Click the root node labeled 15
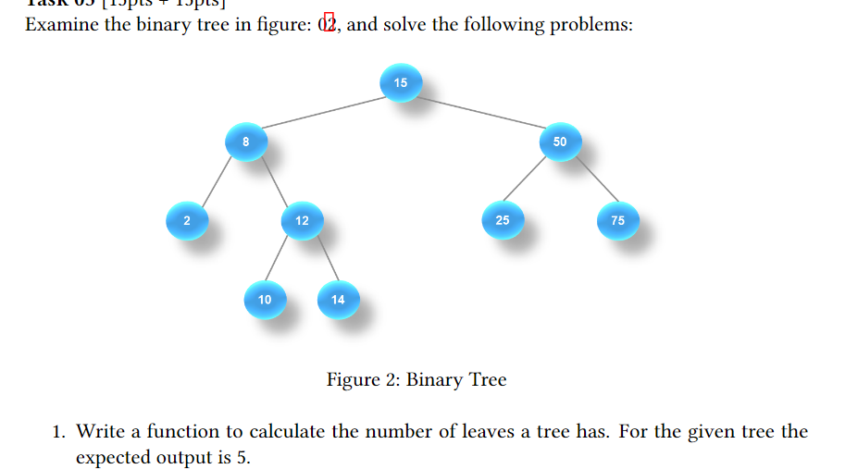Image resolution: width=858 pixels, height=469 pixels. click(400, 83)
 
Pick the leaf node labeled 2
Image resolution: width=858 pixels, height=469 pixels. click(186, 220)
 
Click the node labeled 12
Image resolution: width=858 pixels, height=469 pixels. click(302, 221)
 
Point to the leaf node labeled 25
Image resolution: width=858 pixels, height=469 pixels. click(502, 220)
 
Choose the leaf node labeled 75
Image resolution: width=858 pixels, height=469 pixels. click(617, 221)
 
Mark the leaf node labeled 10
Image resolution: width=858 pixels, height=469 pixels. click(265, 300)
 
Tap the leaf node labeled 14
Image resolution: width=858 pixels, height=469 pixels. click(337, 300)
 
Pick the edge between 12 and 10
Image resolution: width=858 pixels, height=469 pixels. click(282, 261)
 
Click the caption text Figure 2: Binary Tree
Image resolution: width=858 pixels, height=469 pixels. click(417, 379)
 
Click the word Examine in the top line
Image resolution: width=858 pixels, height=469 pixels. click(61, 24)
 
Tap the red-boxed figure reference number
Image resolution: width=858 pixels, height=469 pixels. click(328, 24)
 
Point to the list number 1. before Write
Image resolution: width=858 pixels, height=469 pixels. click(59, 432)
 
